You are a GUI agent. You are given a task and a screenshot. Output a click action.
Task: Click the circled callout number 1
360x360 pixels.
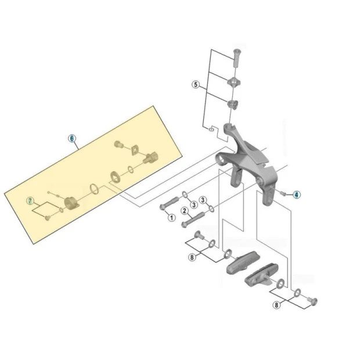(x=171, y=217)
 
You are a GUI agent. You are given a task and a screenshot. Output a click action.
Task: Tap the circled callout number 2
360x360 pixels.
(x=185, y=211)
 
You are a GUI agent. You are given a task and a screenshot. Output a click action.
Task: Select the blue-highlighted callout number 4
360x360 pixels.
(x=296, y=195)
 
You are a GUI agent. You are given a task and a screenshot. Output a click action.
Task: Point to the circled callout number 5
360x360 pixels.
(x=196, y=85)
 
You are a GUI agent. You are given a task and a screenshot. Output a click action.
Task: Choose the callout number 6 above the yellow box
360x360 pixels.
(x=72, y=138)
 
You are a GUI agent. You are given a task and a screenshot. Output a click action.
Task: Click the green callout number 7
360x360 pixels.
(x=30, y=201)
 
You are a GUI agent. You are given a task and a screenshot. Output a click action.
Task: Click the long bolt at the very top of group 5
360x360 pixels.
(x=236, y=58)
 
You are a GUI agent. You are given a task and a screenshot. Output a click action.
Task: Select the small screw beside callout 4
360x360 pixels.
(x=283, y=193)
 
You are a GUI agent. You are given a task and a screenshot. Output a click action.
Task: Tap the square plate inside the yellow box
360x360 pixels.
(x=134, y=150)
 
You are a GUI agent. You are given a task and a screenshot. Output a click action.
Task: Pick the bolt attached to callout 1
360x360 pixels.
(x=170, y=203)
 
